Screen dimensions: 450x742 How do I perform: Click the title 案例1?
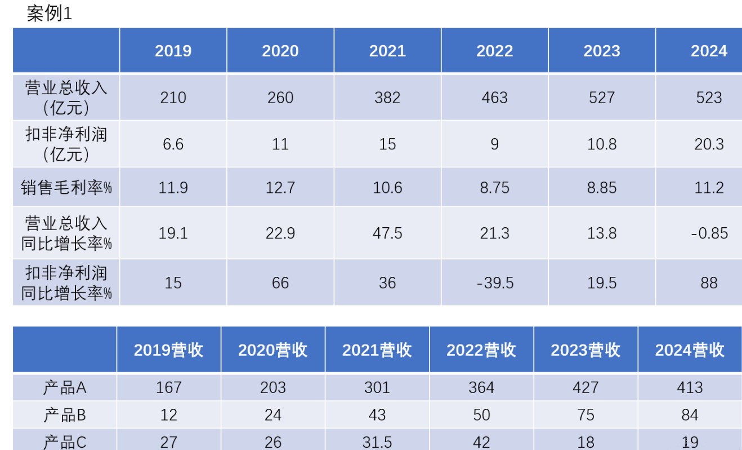point(50,14)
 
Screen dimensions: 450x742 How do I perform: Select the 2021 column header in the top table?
point(387,51)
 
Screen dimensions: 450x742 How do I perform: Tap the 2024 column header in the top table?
point(709,51)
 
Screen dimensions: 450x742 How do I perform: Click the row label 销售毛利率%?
point(66,187)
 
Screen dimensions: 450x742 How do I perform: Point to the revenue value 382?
point(387,98)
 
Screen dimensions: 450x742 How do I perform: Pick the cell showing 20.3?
point(709,144)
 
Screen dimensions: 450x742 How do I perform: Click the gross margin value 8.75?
point(494,187)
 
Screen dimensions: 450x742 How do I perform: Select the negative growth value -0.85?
point(709,233)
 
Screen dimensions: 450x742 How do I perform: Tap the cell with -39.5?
point(494,283)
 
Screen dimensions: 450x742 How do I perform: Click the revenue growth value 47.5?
point(387,233)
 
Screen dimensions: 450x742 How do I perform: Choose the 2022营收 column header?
point(481,350)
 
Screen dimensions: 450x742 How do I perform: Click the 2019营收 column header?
point(168,350)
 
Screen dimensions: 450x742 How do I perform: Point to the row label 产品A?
point(65,387)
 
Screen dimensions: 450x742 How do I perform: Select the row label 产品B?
point(65,416)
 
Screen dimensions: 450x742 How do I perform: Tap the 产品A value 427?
point(585,387)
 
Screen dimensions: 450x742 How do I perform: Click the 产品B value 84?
point(690,416)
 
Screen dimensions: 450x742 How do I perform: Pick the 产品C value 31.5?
point(377,442)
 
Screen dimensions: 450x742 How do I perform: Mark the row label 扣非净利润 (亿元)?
point(66,144)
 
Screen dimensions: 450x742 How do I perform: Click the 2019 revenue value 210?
point(173,98)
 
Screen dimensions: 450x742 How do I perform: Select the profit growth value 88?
point(709,283)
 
